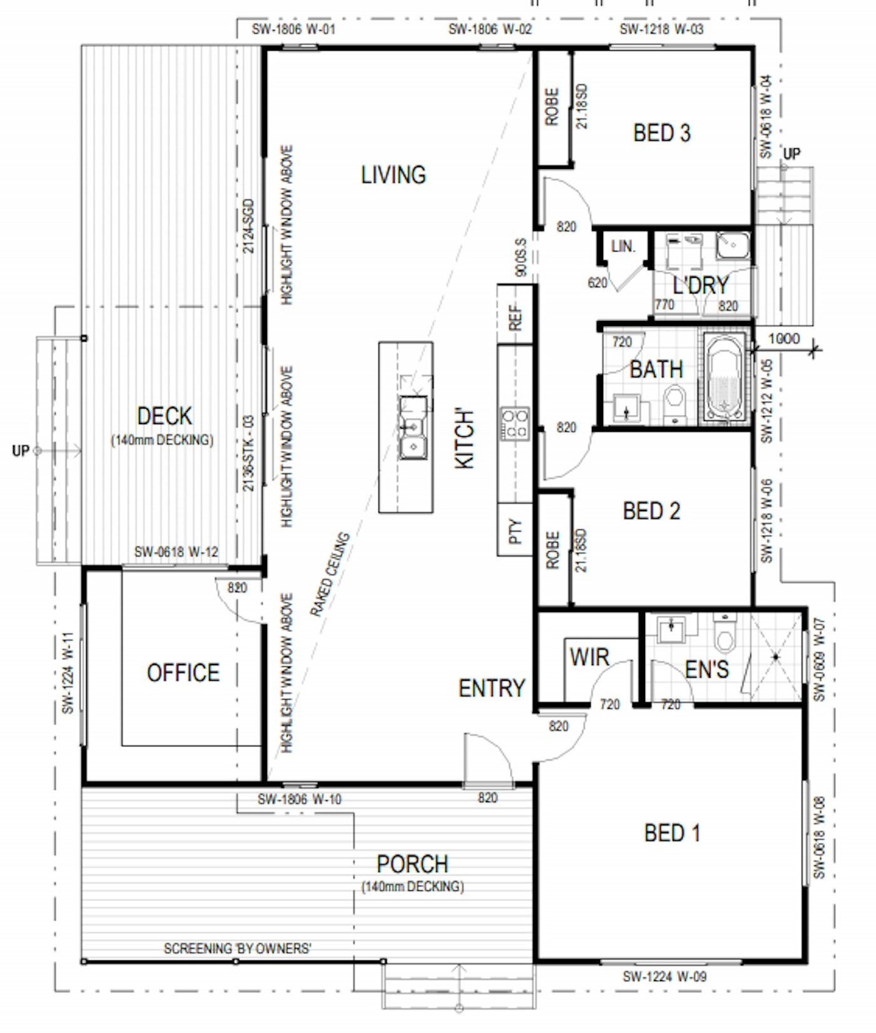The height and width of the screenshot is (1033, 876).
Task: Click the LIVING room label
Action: (393, 175)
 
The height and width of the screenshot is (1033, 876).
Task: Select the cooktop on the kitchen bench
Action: (514, 424)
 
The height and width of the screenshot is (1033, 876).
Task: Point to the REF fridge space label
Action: (515, 317)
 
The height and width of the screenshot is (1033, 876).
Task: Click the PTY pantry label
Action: (515, 531)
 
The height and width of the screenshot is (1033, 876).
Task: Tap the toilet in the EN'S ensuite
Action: (725, 635)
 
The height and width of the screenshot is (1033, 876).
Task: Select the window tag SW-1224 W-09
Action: (665, 977)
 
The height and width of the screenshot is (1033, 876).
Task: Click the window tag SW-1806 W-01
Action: (293, 29)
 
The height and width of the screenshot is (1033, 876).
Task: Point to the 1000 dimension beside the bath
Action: (783, 339)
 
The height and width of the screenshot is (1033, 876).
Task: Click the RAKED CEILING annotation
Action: (329, 574)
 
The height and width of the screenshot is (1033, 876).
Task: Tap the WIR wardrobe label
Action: (589, 658)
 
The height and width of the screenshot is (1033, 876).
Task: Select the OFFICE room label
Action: (183, 673)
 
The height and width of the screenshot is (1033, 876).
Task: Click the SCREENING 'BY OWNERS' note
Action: (237, 949)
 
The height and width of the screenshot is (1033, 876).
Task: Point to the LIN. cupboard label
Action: (623, 247)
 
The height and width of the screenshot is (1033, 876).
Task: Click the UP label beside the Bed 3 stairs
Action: (792, 153)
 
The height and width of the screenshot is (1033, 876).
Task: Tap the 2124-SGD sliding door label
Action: (248, 226)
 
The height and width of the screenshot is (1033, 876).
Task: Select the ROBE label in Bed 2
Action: (553, 550)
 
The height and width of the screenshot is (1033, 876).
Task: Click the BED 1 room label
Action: (671, 833)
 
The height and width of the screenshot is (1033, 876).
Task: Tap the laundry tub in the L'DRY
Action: (731, 245)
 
